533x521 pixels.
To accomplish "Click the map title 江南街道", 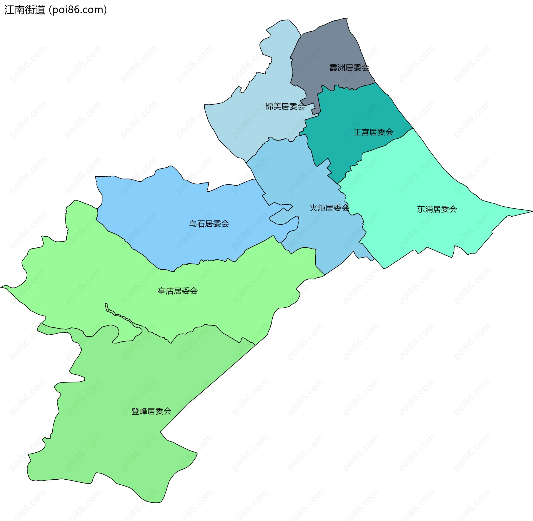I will tap(24, 10).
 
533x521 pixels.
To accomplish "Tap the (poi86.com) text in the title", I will tap(78, 10).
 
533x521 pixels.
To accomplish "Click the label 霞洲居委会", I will tap(349, 67).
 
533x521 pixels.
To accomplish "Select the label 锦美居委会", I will tap(285, 106).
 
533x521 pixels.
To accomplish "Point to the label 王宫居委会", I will tap(373, 132).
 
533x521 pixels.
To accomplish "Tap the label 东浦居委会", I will tap(437, 209).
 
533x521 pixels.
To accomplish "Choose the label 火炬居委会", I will tap(329, 208).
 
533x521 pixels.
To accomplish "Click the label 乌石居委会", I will tap(209, 224).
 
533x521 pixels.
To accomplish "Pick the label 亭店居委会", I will tap(178, 291).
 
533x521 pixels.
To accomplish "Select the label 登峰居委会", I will tap(151, 411).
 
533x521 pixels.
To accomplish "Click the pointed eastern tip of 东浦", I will tap(531, 211).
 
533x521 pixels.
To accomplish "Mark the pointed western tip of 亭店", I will tap(2, 287).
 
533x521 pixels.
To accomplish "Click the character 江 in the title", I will tap(9, 10).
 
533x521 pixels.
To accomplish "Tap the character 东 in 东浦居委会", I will tap(421, 209).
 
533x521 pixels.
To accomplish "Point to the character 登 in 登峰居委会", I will tap(135, 411).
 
